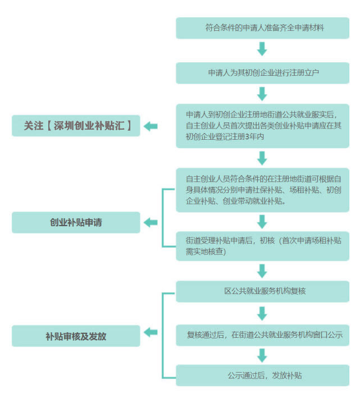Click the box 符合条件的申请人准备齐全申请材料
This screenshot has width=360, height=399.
click(x=262, y=27)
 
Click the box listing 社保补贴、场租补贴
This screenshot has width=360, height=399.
click(x=262, y=190)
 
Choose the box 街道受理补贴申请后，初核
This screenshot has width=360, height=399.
click(x=262, y=246)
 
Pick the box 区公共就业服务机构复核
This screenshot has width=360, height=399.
click(x=262, y=292)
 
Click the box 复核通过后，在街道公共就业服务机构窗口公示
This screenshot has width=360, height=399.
click(x=262, y=335)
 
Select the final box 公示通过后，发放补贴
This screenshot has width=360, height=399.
click(x=262, y=375)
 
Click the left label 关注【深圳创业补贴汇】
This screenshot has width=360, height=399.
click(x=76, y=126)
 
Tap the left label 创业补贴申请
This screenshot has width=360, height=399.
click(x=76, y=222)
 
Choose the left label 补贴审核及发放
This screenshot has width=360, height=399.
click(x=76, y=336)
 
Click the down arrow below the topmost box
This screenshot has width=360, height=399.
click(x=262, y=49)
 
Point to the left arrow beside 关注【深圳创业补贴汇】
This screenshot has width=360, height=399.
click(x=151, y=126)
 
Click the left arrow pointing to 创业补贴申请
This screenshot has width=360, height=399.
click(x=151, y=223)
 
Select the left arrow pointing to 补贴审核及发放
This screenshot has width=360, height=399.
click(x=151, y=332)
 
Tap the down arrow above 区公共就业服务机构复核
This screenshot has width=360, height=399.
click(x=262, y=270)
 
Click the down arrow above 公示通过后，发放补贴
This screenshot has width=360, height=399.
click(x=262, y=355)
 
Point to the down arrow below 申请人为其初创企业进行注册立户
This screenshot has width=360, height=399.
click(x=262, y=93)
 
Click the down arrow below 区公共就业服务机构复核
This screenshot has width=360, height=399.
click(x=262, y=313)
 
